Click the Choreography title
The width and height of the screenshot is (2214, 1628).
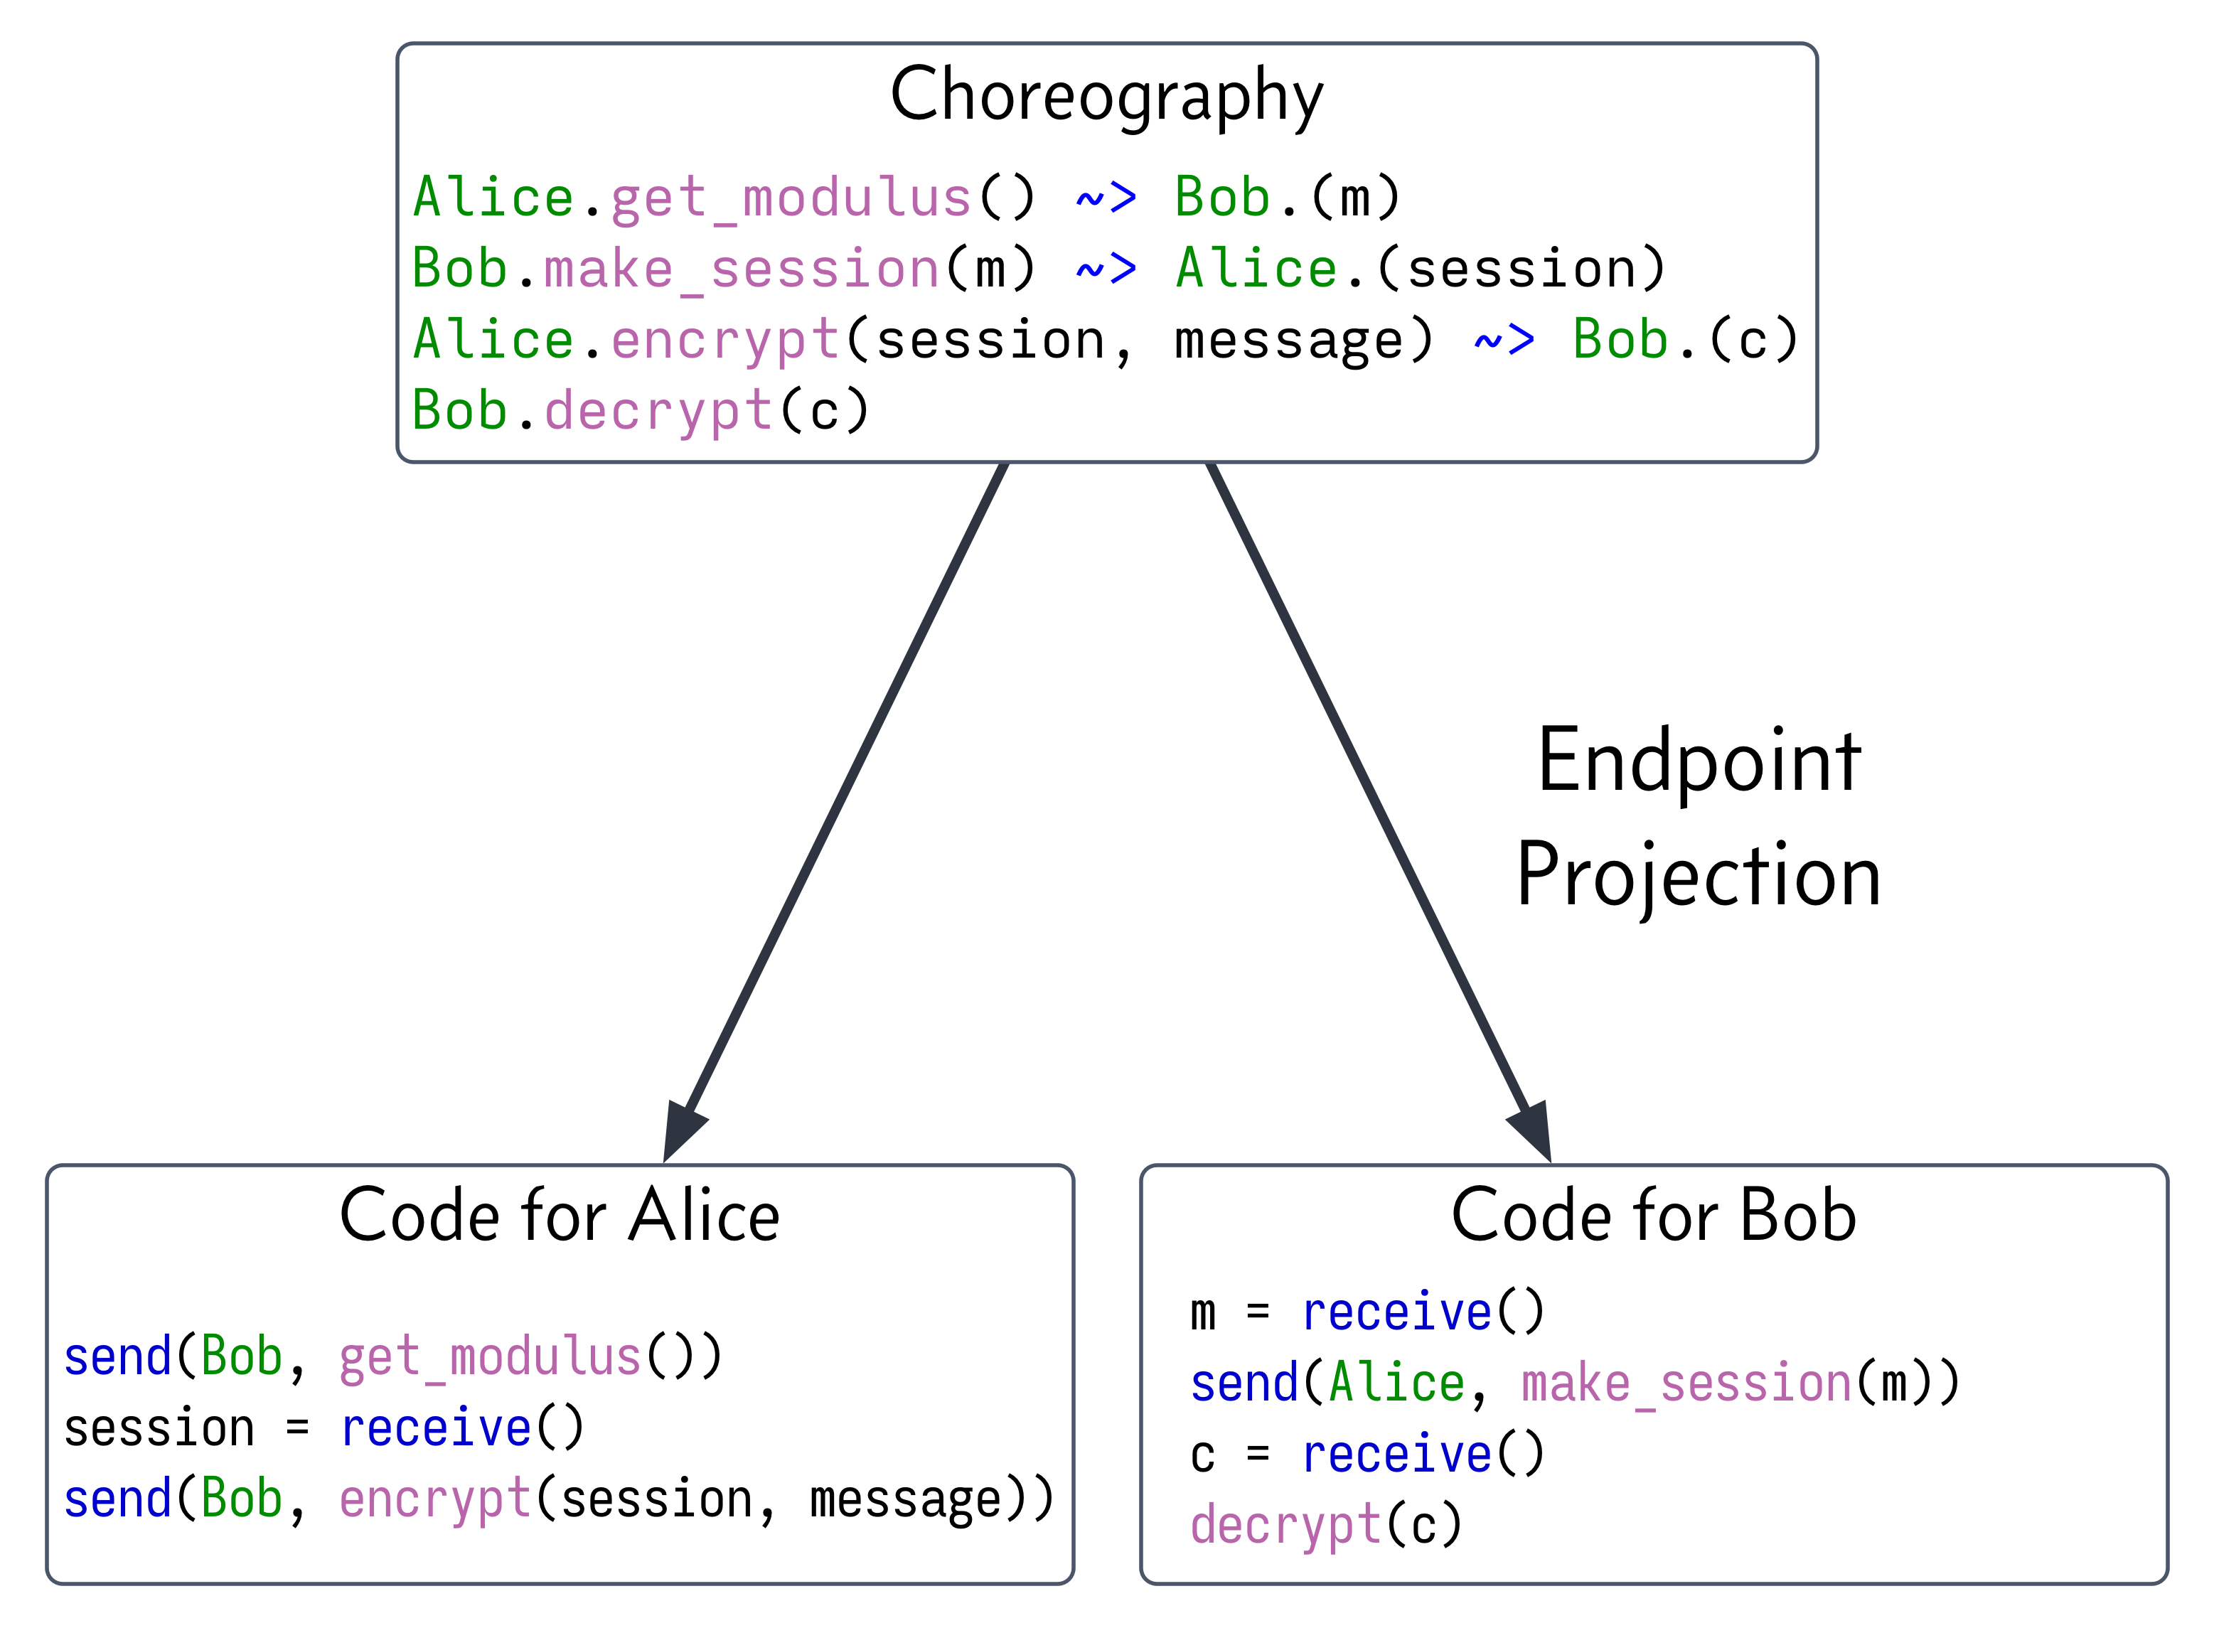coord(1106,95)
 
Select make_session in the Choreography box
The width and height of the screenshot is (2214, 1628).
coord(741,269)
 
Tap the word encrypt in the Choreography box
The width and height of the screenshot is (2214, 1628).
coord(725,340)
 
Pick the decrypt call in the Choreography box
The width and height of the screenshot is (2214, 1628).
coord(658,411)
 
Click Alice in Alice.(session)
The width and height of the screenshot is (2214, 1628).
coord(1256,269)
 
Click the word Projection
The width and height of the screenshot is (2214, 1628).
coord(1699,875)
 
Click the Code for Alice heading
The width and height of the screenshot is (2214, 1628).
coord(559,1215)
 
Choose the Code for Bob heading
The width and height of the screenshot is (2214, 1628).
coord(1653,1215)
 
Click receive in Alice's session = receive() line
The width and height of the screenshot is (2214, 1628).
coord(436,1428)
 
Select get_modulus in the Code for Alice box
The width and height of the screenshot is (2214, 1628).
coord(490,1357)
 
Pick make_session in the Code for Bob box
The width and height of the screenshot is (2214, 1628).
coord(1686,1383)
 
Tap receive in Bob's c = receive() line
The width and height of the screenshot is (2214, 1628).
coord(1396,1455)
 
